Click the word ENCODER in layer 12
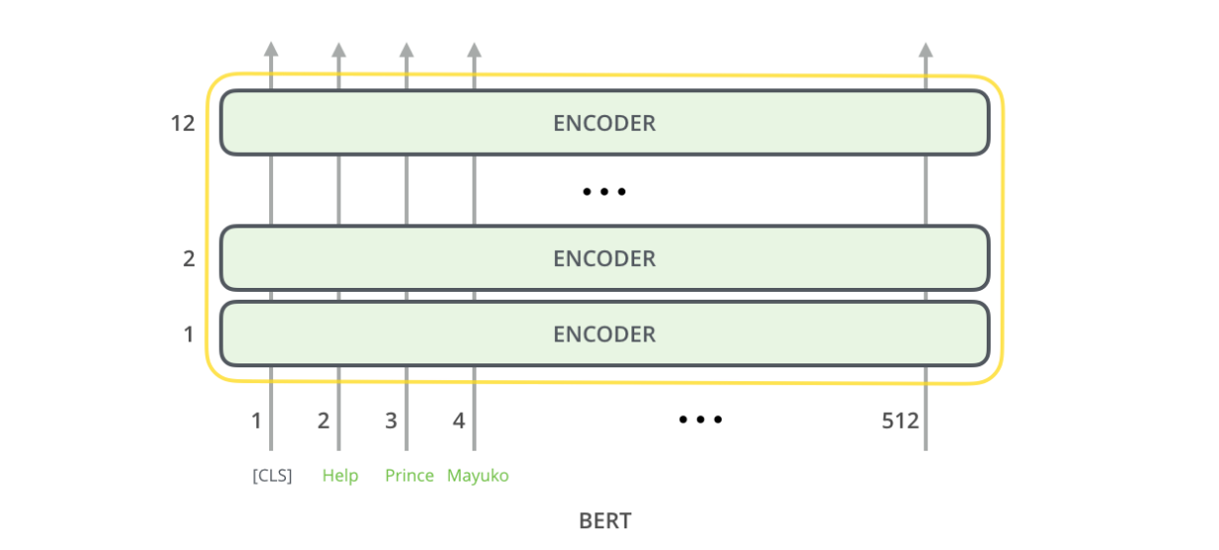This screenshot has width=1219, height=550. click(605, 123)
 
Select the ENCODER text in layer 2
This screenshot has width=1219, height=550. click(605, 258)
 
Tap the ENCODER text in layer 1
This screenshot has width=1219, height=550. click(605, 334)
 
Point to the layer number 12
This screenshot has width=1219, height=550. click(183, 123)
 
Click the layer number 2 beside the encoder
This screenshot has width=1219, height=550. click(189, 258)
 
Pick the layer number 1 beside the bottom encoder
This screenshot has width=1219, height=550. click(189, 334)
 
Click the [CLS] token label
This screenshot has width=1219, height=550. click(272, 476)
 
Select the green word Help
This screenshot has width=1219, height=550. click(339, 476)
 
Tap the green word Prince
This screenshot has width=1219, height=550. click(409, 476)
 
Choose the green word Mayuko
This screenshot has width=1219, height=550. click(477, 476)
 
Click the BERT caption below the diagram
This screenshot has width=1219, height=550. click(605, 520)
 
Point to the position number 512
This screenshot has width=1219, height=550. click(900, 420)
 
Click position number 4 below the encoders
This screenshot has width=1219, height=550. click(459, 420)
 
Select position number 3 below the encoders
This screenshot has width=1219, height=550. click(391, 420)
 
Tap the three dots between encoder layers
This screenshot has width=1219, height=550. click(605, 192)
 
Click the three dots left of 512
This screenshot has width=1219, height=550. click(701, 420)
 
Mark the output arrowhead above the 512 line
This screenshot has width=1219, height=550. click(925, 49)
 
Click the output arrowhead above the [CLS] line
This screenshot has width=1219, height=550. click(271, 49)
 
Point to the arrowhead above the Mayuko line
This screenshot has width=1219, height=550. click(474, 49)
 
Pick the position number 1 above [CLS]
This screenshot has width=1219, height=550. click(256, 420)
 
